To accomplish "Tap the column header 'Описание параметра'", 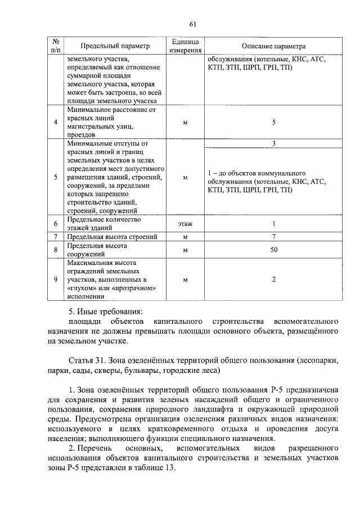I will [x=273, y=46].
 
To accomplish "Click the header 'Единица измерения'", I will [x=185, y=46].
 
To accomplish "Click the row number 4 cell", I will [x=55, y=122].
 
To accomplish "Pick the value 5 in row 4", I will [x=273, y=122].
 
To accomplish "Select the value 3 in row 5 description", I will [x=273, y=143].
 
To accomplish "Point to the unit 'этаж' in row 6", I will [x=185, y=224].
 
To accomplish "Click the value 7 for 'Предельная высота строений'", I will [x=273, y=237].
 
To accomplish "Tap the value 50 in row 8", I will [x=273, y=250].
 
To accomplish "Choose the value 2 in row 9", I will [x=273, y=279].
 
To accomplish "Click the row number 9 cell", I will [x=55, y=279].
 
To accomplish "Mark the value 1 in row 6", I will [x=273, y=224].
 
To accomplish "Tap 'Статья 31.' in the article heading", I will [x=87, y=361].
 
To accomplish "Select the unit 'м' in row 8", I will [x=185, y=250].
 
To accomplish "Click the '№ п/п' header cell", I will [x=55, y=46].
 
